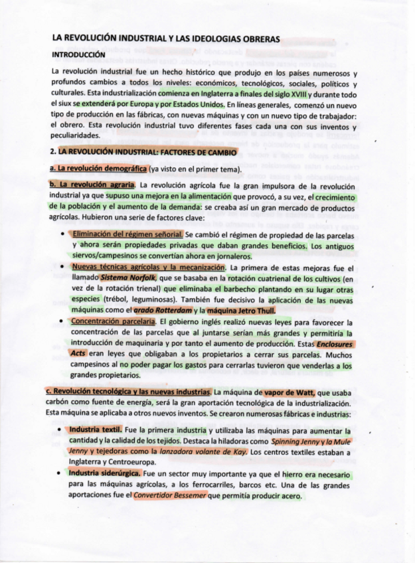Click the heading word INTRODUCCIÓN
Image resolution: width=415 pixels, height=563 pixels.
click(78, 55)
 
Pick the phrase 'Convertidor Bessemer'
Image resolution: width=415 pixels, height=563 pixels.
click(170, 495)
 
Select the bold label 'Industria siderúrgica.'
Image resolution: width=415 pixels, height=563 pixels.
click(105, 473)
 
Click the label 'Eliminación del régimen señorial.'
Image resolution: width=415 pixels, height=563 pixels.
click(126, 234)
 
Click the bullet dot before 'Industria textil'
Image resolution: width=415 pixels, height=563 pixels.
click(61, 430)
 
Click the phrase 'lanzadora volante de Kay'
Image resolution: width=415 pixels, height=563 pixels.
click(210, 451)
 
